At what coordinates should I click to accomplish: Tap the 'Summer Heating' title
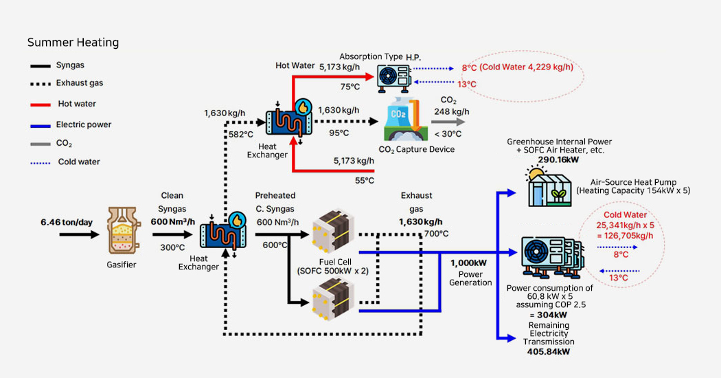pos(73,43)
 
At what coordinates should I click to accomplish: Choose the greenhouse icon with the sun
pos(547,186)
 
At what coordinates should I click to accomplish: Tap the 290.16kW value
pos(557,160)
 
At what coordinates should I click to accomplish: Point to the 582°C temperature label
pos(242,134)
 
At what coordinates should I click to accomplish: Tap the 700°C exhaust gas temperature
pos(436,234)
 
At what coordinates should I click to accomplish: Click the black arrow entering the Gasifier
pos(79,234)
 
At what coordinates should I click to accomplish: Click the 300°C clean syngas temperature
pos(172,247)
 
